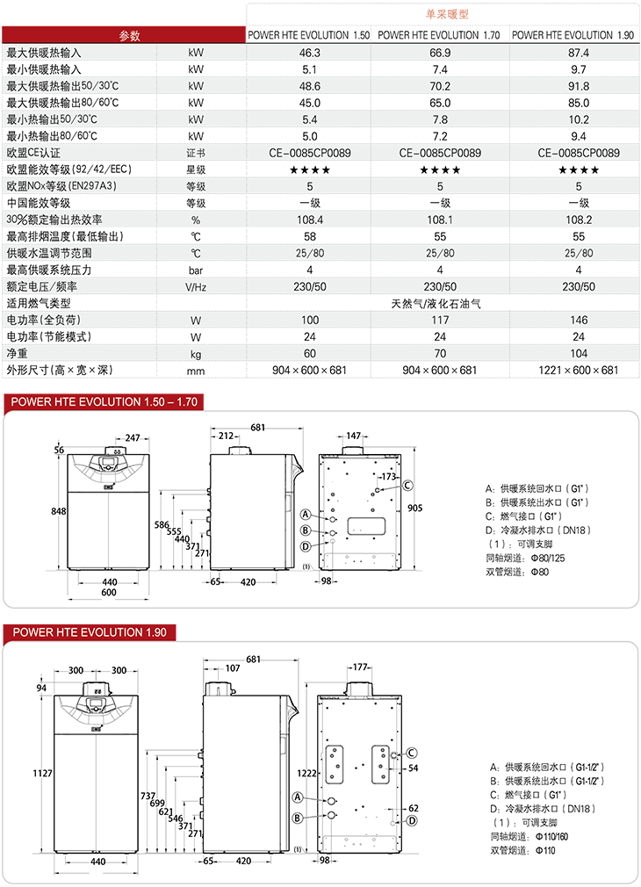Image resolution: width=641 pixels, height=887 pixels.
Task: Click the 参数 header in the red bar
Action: [130, 36]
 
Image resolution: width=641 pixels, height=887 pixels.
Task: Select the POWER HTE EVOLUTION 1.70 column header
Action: [438, 35]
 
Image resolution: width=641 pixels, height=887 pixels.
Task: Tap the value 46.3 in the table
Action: [309, 53]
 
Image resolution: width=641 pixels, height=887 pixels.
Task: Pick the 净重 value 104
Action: [579, 354]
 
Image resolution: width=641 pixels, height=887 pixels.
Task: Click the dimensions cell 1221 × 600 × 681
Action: [578, 370]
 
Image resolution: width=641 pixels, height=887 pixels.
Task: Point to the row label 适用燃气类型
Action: [39, 304]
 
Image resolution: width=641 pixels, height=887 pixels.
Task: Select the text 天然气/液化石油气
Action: [436, 304]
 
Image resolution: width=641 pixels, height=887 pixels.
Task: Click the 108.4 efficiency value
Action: [310, 220]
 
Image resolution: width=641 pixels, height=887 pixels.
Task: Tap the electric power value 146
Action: [579, 321]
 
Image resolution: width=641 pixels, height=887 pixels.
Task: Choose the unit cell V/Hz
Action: [196, 287]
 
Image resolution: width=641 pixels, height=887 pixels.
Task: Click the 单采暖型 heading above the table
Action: [447, 14]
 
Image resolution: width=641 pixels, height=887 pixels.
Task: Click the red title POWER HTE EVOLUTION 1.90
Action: [90, 632]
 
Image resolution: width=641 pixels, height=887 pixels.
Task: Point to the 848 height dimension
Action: [58, 511]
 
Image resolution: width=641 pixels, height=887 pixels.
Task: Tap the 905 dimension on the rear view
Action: [414, 508]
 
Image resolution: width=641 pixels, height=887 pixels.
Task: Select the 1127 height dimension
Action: [42, 774]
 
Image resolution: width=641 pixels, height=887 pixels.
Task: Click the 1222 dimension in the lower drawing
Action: [306, 774]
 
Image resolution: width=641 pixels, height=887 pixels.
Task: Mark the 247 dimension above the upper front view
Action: [133, 438]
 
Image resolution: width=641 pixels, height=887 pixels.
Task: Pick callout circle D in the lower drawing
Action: [412, 821]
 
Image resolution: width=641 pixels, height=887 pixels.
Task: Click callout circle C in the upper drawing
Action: [407, 486]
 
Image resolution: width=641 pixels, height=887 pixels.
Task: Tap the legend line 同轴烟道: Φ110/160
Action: [529, 837]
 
